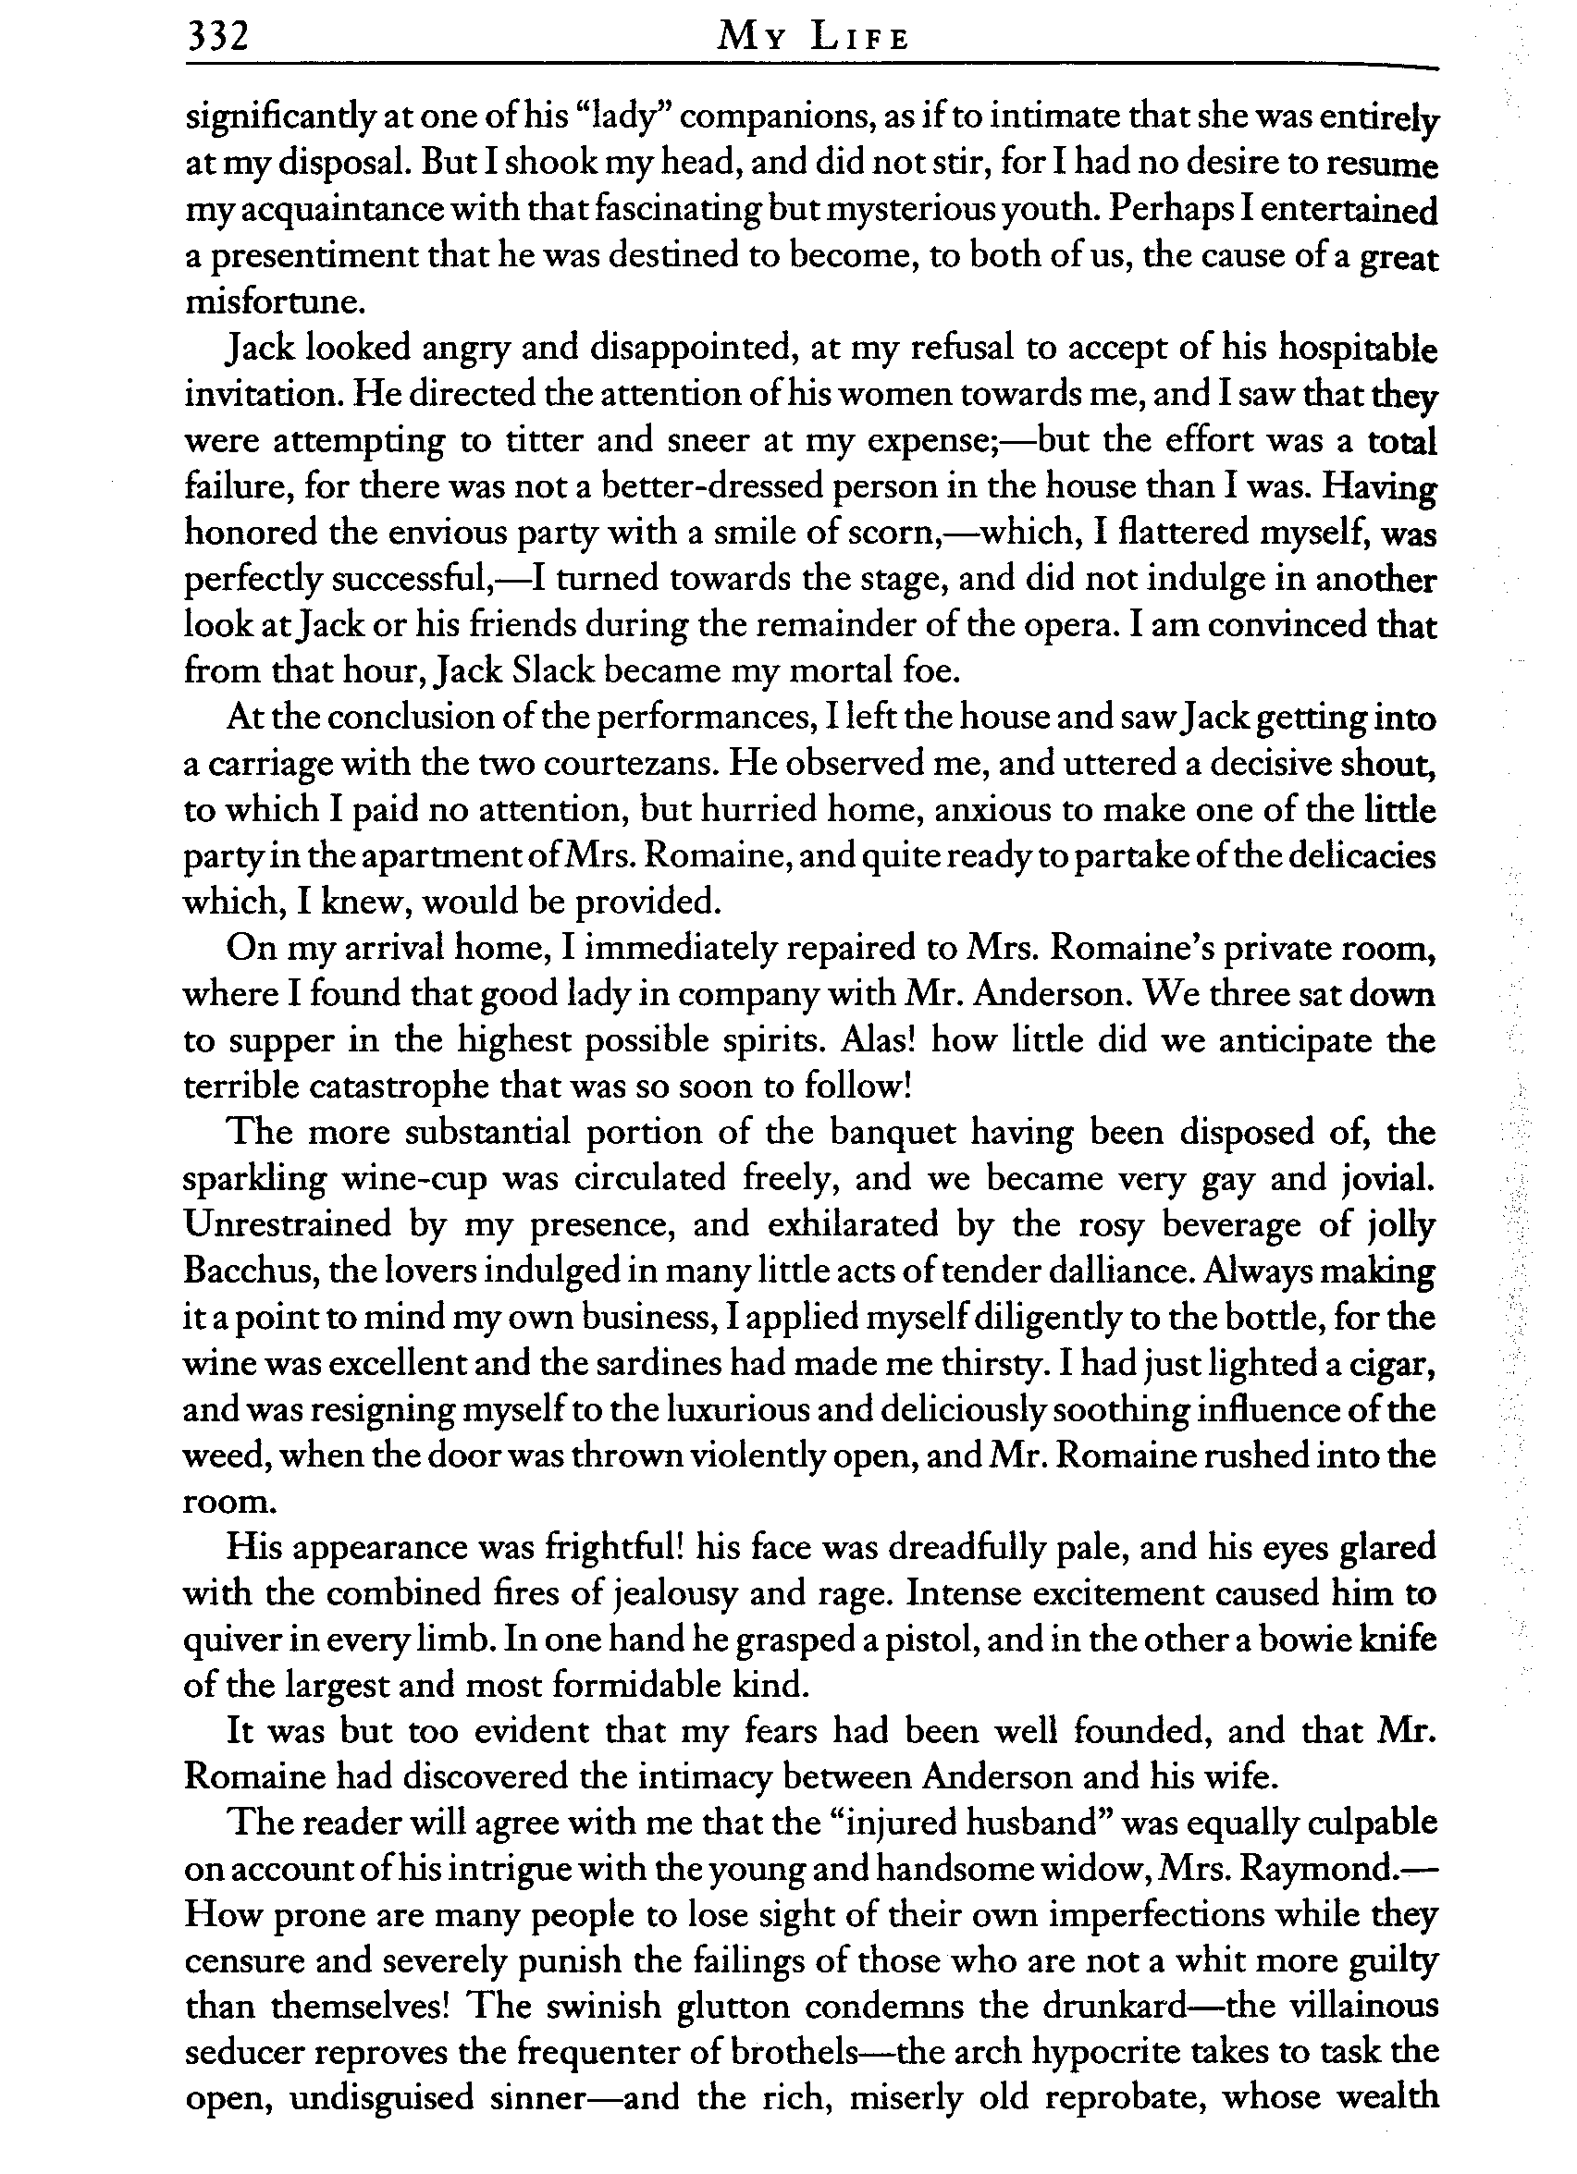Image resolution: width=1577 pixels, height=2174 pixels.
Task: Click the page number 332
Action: click(x=217, y=36)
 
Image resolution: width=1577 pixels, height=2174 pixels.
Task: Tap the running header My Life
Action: click(x=813, y=37)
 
